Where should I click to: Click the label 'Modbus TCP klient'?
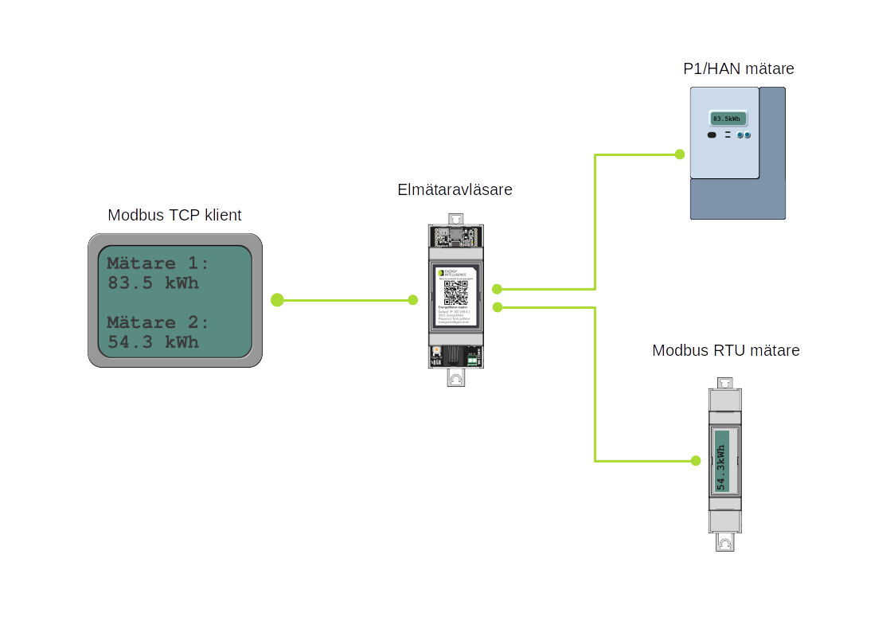[174, 215]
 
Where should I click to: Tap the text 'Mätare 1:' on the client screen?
[158, 263]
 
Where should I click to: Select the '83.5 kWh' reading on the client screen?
[153, 283]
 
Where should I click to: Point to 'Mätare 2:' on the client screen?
[158, 322]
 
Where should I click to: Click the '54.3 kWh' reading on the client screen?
[153, 342]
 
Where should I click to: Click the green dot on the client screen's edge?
[277, 300]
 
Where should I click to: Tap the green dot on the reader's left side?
[412, 300]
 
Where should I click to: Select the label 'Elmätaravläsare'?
[455, 190]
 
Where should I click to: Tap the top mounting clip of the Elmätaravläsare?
[455, 219]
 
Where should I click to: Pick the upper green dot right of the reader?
[497, 289]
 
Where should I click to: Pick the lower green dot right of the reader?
[498, 307]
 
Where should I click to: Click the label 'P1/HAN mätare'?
[738, 69]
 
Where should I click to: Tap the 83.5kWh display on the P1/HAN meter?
[727, 119]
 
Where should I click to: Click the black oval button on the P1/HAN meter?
[712, 136]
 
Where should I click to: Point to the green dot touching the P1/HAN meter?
[680, 154]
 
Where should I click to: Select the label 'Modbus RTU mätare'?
[725, 350]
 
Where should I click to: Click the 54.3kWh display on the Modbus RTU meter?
[721, 461]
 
